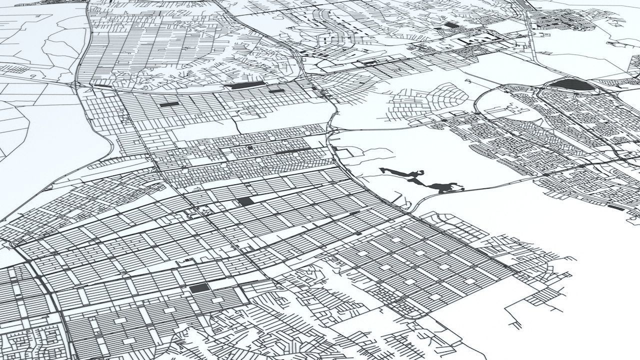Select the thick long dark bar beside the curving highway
(x=245, y=86)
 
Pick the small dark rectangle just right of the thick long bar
(x=276, y=91)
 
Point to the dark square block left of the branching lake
(x=245, y=201)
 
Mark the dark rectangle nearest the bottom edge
(x=198, y=288)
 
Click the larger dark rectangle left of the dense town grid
(x=451, y=25)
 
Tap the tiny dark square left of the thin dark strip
(x=250, y=148)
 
